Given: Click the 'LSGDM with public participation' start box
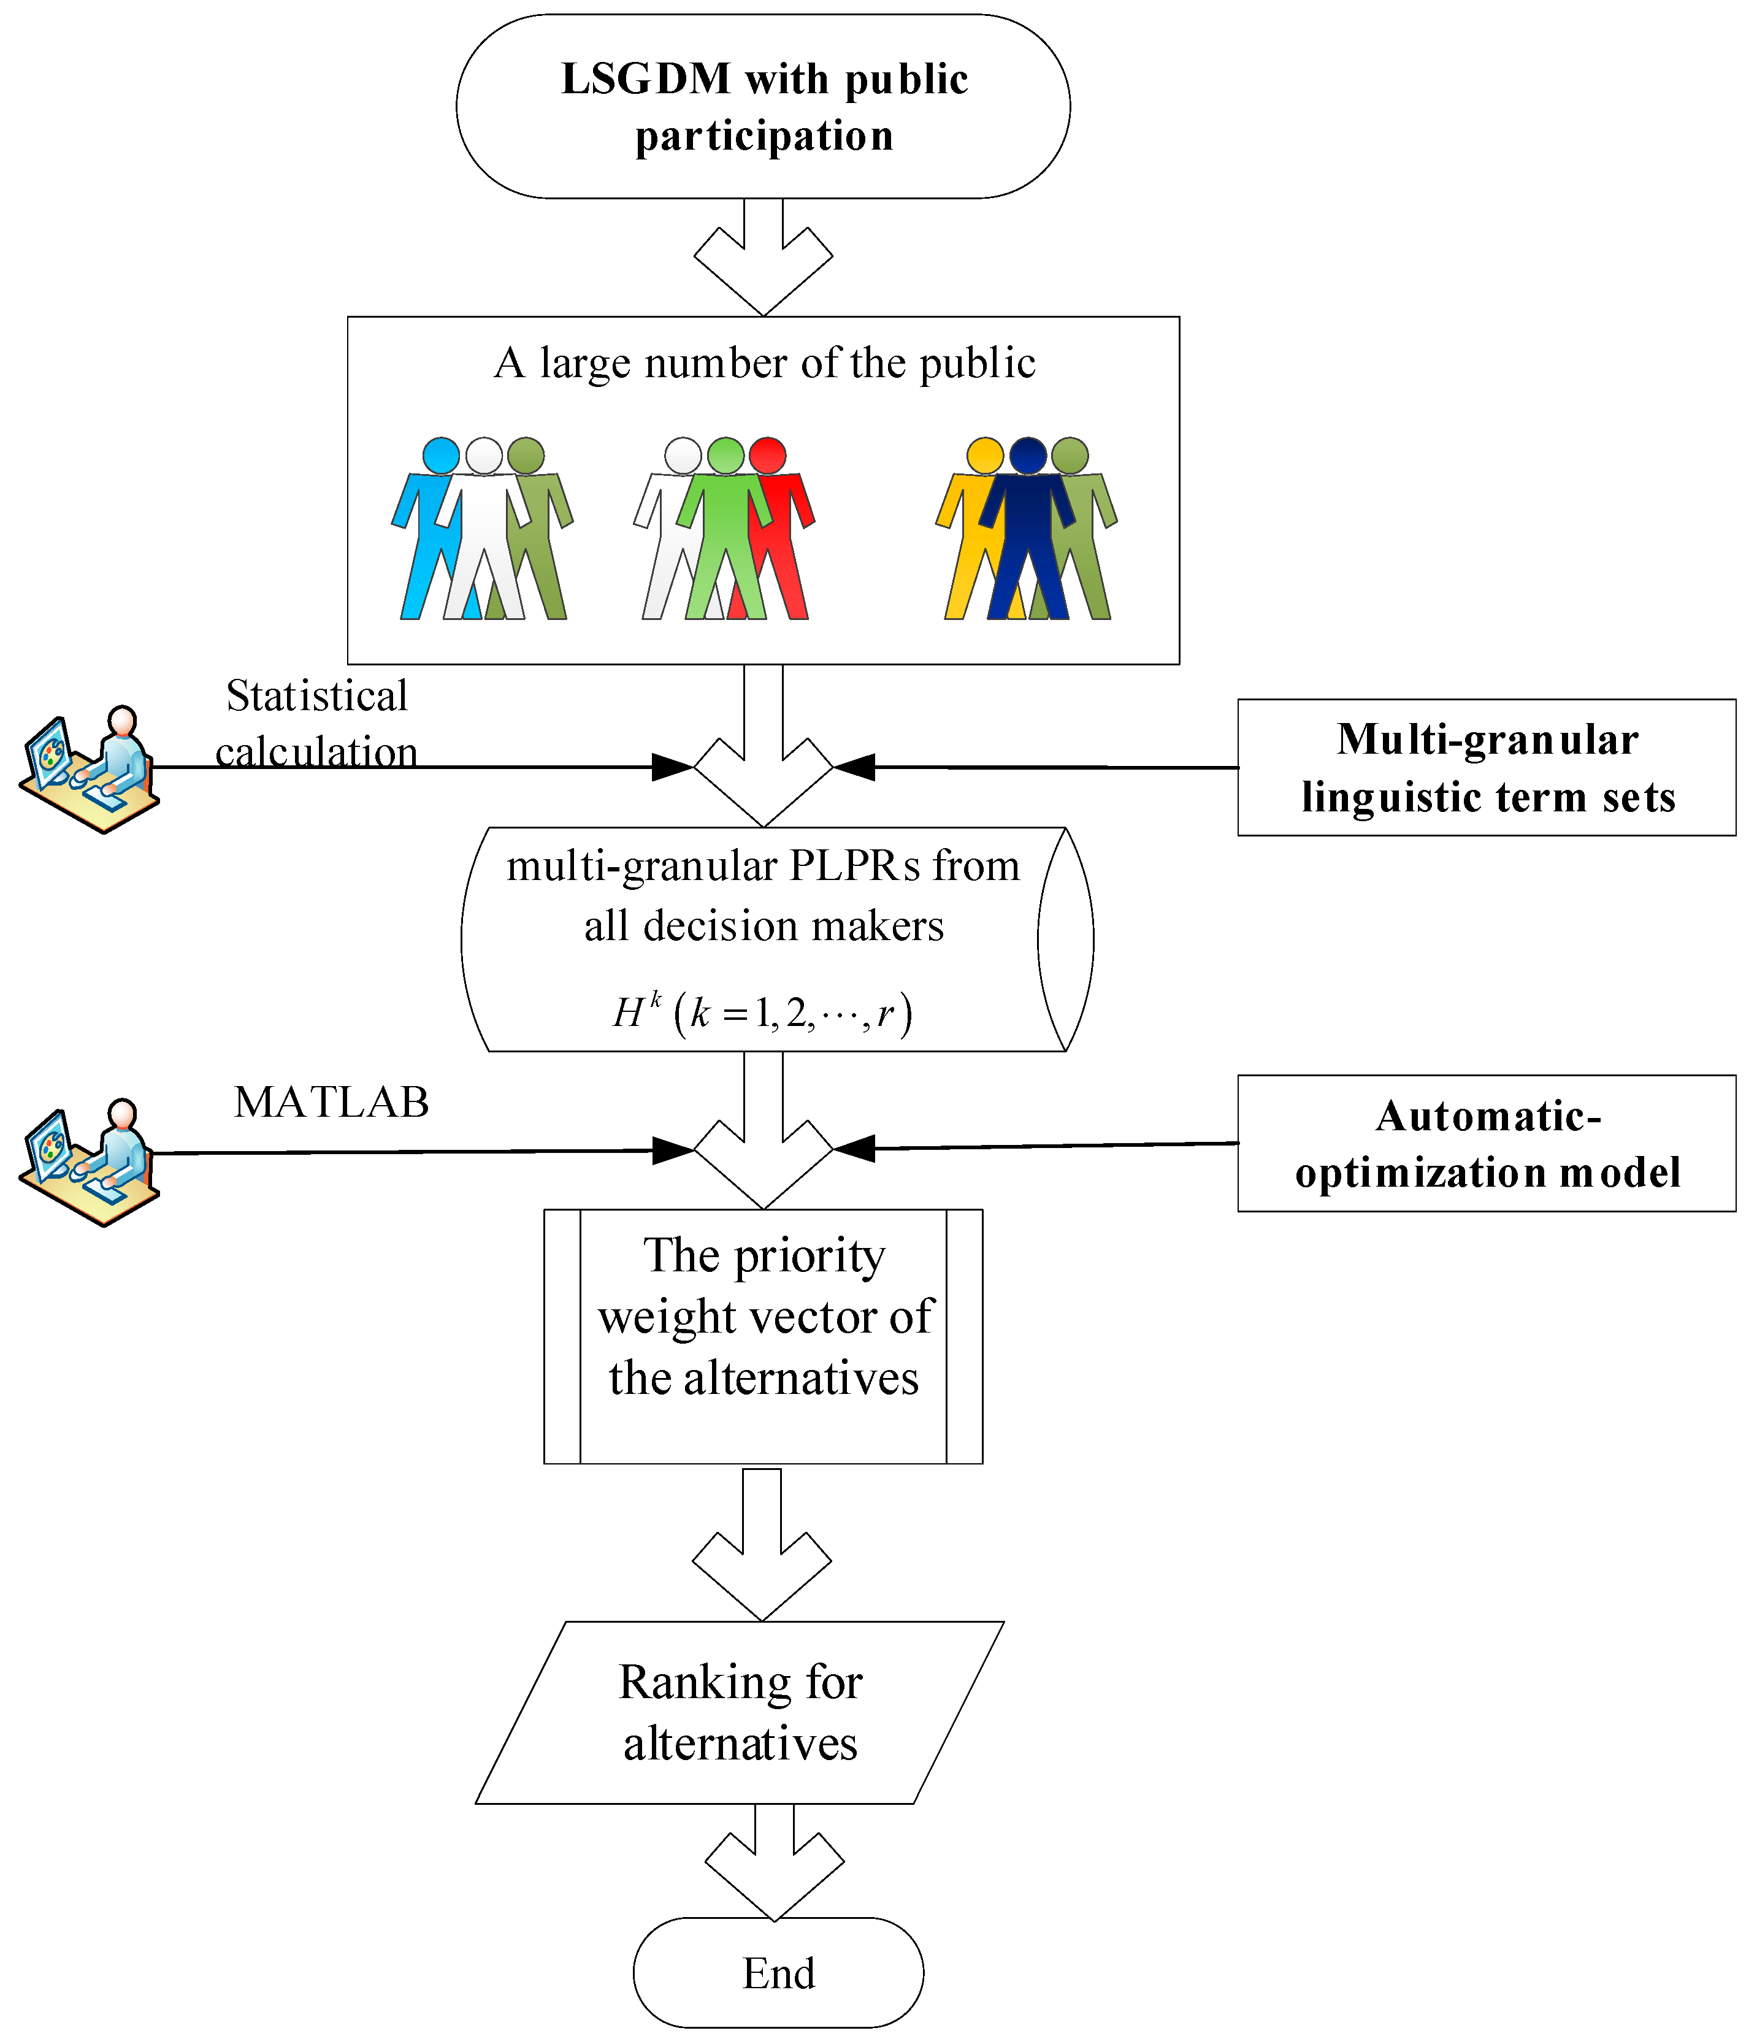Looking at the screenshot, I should pos(762,107).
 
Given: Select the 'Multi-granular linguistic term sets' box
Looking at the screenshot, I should pos(1486,767).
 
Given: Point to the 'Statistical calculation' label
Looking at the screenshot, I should pos(316,723).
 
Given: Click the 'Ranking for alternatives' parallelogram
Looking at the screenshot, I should pos(740,1713).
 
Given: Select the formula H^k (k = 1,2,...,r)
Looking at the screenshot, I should pos(762,1013).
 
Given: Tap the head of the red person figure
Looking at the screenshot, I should pos(768,456).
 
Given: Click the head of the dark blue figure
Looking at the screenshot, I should pos(1028,456).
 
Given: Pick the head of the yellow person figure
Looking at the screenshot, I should pos(984,456).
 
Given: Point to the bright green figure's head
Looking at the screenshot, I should pos(726,456).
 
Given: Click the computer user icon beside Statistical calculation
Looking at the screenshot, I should pos(89,770).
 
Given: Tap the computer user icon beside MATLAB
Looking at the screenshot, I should pos(89,1162).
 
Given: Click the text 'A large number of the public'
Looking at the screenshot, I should pos(765,363).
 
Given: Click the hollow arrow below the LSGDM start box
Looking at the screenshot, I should pos(762,258).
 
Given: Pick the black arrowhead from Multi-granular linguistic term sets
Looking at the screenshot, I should pos(854,767).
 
